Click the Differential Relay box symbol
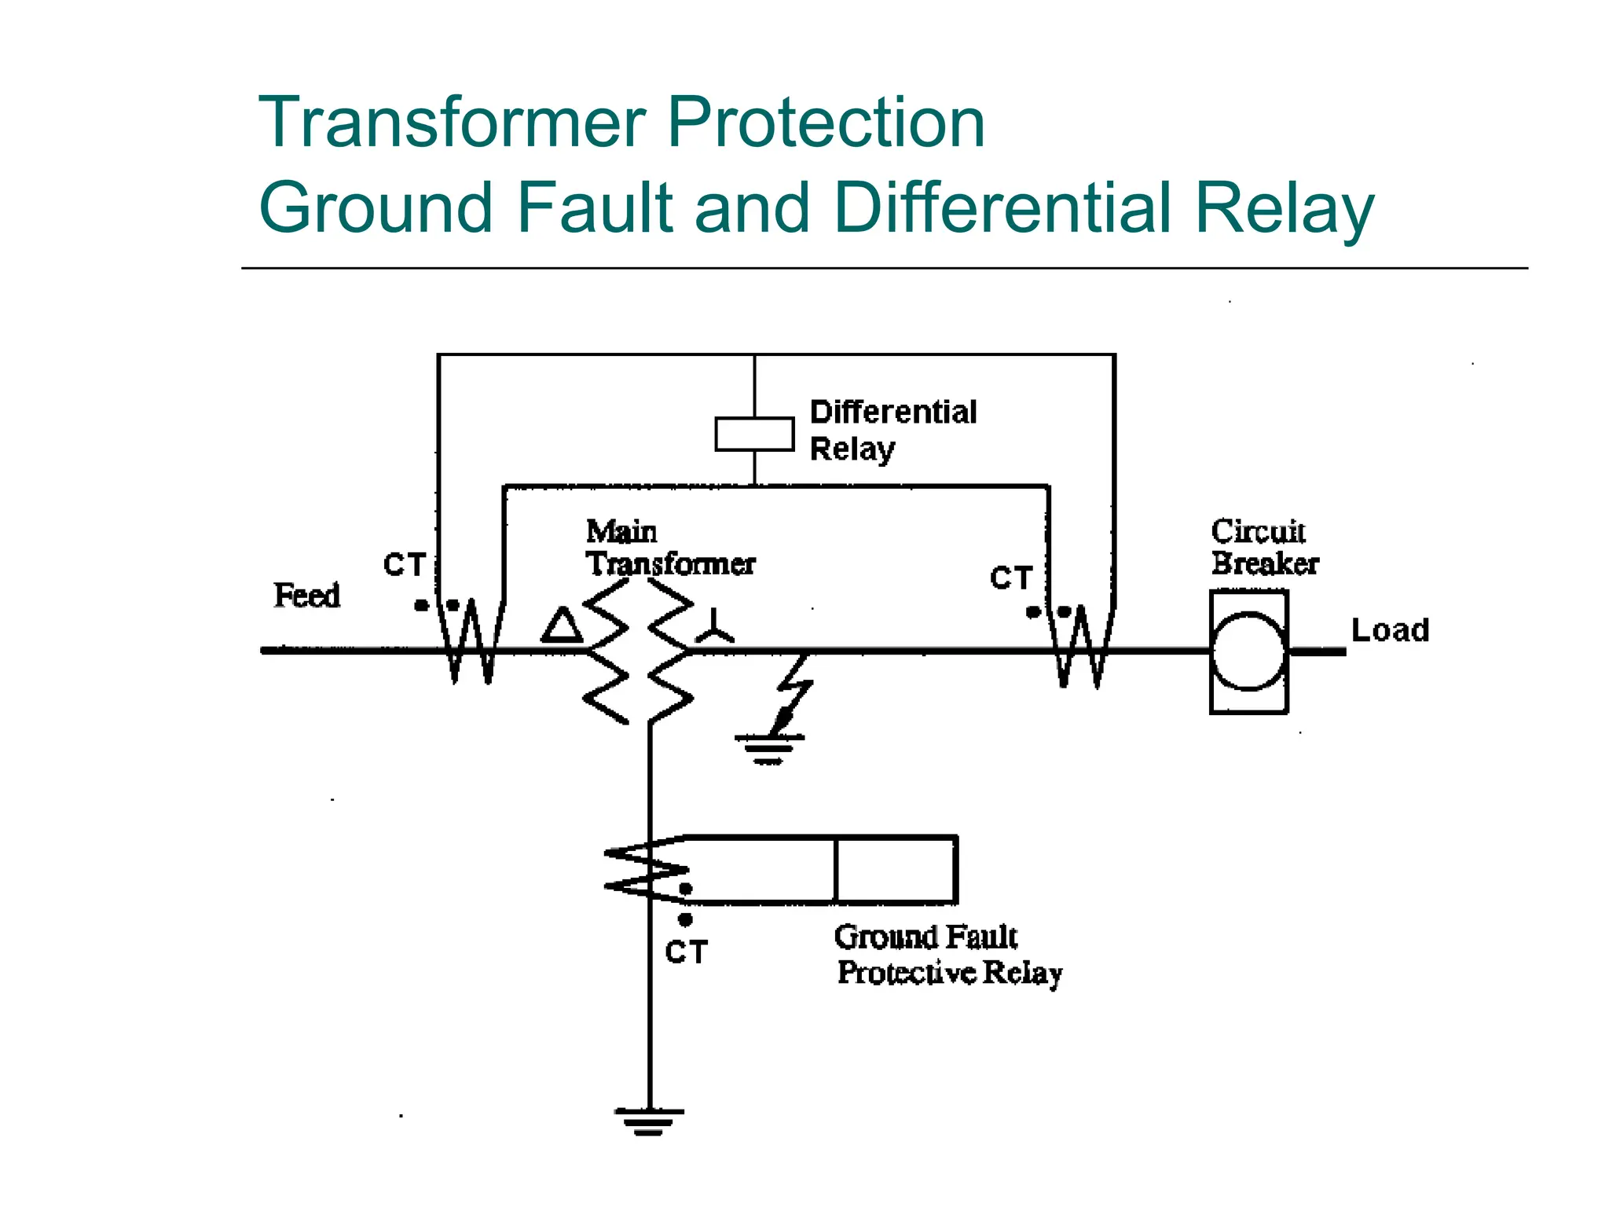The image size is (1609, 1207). click(x=753, y=435)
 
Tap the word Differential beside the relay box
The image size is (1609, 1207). click(x=893, y=412)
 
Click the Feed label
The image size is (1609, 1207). click(x=306, y=596)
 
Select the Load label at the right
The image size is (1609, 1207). click(x=1389, y=630)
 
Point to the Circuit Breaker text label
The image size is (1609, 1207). click(x=1264, y=548)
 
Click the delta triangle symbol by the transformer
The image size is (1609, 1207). click(x=562, y=626)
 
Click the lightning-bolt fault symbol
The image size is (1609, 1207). click(x=794, y=692)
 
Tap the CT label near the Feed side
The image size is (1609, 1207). click(x=404, y=565)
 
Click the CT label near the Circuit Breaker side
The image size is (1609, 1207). click(x=1010, y=578)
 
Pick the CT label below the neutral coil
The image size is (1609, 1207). click(x=686, y=952)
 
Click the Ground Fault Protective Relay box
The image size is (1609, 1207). click(x=896, y=870)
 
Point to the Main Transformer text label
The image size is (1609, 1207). click(x=669, y=548)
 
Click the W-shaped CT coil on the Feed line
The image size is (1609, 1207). click(x=471, y=640)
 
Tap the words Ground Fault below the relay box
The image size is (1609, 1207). click(x=925, y=937)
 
